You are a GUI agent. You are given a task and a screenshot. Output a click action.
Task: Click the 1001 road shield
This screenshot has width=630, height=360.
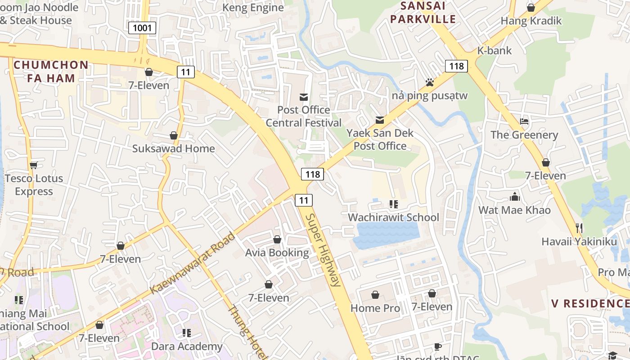tap(142, 28)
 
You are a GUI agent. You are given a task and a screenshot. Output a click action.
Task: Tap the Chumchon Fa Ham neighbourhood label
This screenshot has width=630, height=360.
tap(51, 71)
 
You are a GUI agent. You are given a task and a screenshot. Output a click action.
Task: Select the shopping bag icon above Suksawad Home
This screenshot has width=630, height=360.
tap(174, 135)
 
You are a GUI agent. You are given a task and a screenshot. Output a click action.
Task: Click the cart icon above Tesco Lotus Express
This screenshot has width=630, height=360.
tap(34, 165)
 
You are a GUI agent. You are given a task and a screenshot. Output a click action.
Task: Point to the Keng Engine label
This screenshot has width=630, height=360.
tap(253, 8)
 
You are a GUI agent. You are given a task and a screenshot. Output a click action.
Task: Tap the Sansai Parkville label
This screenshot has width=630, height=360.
tap(423, 13)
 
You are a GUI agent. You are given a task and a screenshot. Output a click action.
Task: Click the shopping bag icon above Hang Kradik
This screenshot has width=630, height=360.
tap(531, 8)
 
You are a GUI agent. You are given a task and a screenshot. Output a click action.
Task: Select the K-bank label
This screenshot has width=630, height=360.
tap(495, 50)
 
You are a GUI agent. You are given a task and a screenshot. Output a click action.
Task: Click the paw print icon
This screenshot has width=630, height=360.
tap(429, 82)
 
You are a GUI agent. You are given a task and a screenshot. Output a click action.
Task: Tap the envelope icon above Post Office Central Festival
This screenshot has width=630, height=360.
tap(304, 97)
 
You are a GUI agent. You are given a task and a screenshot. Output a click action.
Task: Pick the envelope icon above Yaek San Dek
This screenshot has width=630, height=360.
tap(380, 120)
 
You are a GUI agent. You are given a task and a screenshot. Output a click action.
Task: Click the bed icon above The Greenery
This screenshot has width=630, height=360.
tap(524, 121)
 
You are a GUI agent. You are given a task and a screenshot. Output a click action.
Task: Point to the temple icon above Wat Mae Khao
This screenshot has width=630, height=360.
tap(515, 197)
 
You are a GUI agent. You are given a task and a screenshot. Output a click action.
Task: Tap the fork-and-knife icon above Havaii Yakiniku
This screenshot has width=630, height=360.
tap(579, 228)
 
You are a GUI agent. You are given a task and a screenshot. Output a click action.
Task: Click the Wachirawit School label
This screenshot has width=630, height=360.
tap(393, 217)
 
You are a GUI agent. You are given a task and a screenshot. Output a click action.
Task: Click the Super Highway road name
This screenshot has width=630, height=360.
tap(322, 250)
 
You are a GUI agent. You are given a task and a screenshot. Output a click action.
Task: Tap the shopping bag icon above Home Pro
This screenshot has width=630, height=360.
tap(375, 295)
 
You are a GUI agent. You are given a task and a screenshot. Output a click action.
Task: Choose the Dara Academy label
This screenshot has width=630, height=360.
tap(187, 346)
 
